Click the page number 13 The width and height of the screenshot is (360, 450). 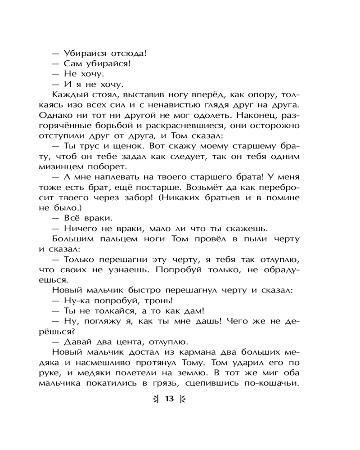coord(169,399)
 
